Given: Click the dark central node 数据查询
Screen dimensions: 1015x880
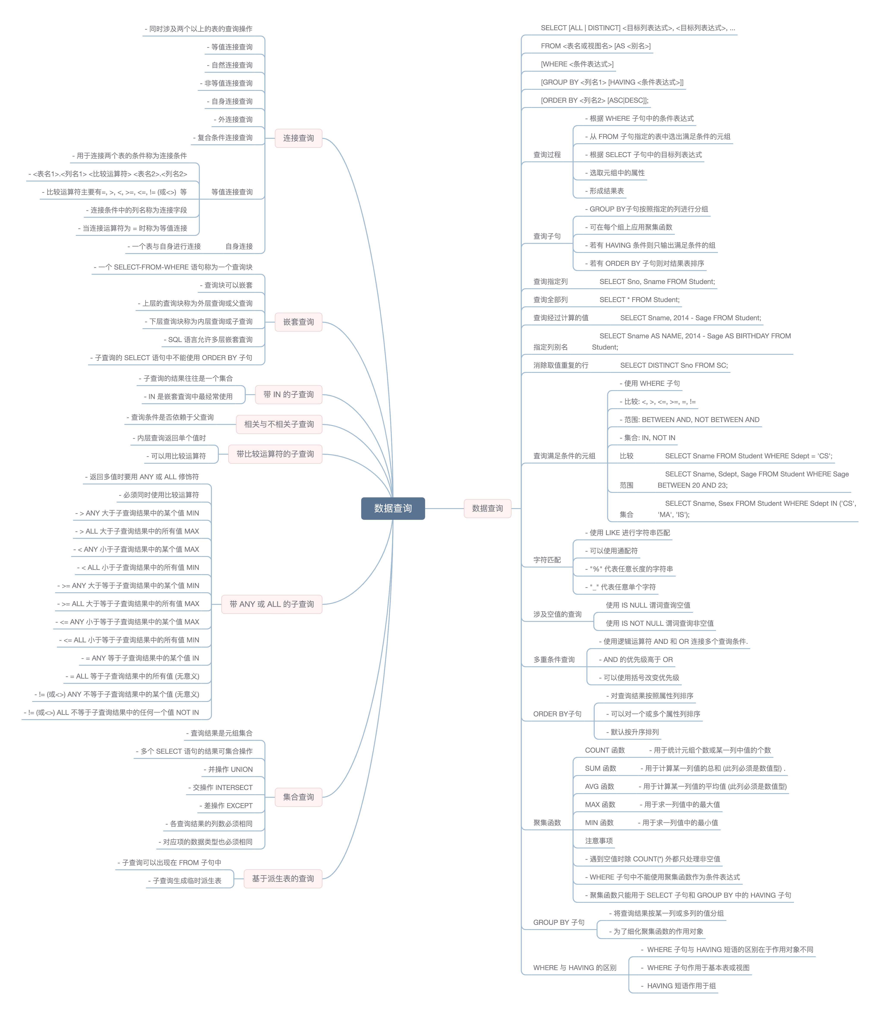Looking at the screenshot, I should point(393,508).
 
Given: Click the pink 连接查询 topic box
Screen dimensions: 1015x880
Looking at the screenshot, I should point(298,138).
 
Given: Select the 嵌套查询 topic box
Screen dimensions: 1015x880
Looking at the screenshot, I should point(298,322).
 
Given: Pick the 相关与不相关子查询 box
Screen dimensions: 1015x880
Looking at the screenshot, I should point(279,424).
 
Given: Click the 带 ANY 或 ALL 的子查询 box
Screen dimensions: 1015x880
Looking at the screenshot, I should point(271,604).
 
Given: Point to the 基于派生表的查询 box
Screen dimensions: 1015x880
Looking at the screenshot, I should point(283,878).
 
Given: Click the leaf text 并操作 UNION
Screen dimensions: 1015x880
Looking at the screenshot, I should point(228,769).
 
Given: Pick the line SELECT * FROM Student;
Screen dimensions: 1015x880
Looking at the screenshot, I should point(639,299).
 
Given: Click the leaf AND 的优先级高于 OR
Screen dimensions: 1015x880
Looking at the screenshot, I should point(636,659).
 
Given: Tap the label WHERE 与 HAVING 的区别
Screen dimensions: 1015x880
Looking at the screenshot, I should point(575,968).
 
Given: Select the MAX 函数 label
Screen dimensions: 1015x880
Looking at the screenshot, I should point(600,804).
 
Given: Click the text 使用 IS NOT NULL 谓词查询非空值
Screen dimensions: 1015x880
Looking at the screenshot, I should point(659,623).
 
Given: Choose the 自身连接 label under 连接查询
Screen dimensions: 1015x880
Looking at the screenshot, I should point(239,246).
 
